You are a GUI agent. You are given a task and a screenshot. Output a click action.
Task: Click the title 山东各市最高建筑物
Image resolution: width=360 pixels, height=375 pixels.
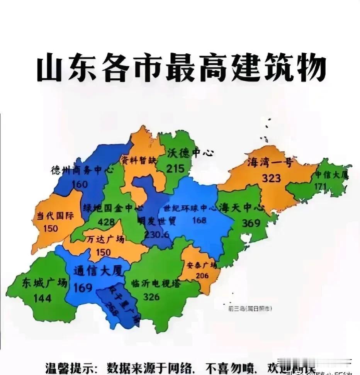[181, 69]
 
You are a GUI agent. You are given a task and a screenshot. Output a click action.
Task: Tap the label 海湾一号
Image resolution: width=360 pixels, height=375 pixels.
[270, 163]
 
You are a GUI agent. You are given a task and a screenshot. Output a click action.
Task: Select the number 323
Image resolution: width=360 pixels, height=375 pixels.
[271, 178]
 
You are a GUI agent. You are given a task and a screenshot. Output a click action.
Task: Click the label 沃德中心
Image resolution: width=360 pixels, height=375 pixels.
[190, 153]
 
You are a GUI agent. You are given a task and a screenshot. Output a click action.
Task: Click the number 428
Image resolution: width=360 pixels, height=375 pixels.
[106, 222]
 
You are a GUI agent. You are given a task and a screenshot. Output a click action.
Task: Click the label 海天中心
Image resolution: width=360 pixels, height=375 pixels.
[242, 208]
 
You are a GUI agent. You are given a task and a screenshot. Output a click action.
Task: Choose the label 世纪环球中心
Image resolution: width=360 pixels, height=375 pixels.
[189, 209]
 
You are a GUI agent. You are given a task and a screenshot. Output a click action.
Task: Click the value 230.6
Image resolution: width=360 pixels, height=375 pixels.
[156, 234]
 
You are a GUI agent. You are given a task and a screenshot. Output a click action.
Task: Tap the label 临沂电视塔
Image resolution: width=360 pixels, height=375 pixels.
[156, 283]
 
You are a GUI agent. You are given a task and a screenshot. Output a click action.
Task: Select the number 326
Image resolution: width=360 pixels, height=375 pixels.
[151, 297]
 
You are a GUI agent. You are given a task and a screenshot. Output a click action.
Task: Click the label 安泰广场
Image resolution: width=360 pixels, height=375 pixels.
[201, 265]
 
